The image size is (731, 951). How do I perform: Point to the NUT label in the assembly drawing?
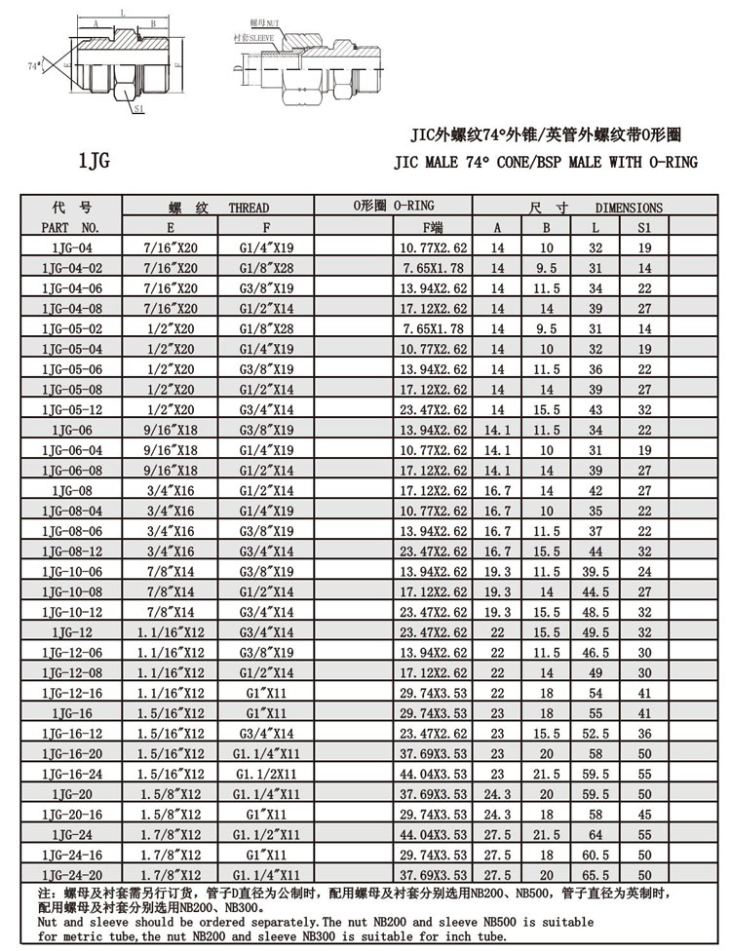tap(266, 20)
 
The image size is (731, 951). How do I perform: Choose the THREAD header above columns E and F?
tap(218, 208)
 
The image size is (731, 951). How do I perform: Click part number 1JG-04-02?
tap(71, 267)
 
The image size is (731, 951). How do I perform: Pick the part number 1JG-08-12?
tap(71, 551)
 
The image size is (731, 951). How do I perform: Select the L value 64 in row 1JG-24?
tap(596, 835)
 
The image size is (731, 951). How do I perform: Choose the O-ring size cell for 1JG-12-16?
tap(434, 693)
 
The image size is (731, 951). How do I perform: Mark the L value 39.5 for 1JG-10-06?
tap(596, 571)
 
